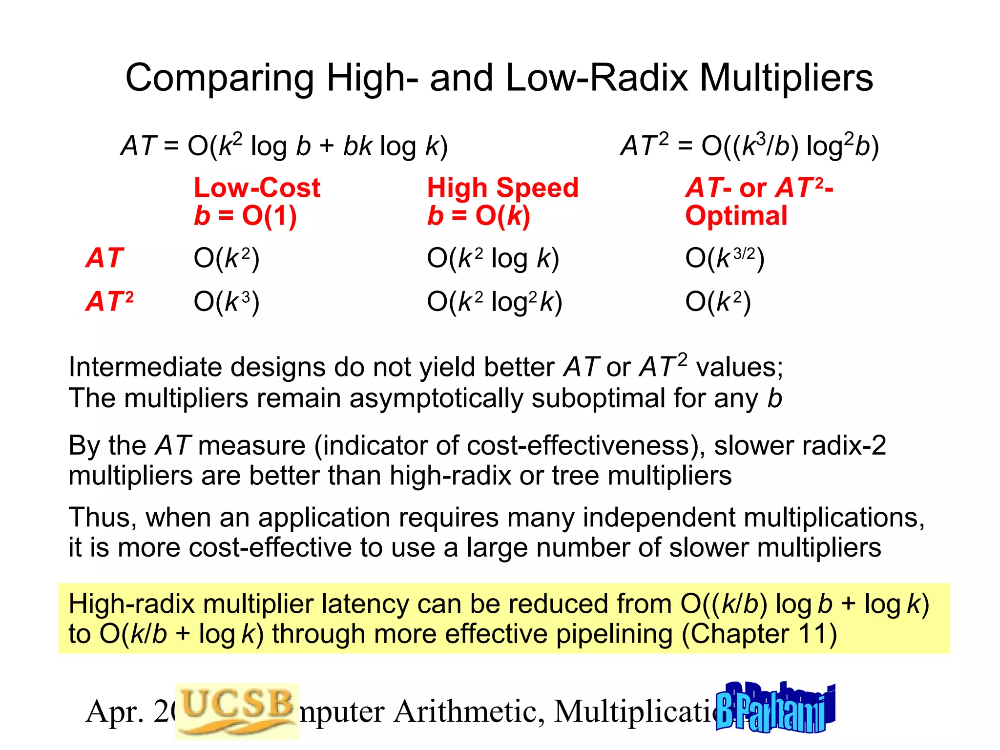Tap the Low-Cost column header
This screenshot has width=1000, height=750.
(257, 188)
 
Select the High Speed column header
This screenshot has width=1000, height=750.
(502, 188)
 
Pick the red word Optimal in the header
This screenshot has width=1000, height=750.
(736, 216)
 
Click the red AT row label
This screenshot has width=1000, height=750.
(104, 258)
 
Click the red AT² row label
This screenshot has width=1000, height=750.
(109, 301)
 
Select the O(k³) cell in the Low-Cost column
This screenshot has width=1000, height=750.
(227, 301)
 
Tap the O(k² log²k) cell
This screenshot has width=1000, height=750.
(495, 301)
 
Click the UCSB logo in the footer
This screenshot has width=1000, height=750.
(237, 710)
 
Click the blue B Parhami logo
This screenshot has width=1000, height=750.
(775, 708)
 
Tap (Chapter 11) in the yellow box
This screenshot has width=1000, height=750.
(759, 634)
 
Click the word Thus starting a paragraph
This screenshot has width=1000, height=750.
(103, 518)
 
